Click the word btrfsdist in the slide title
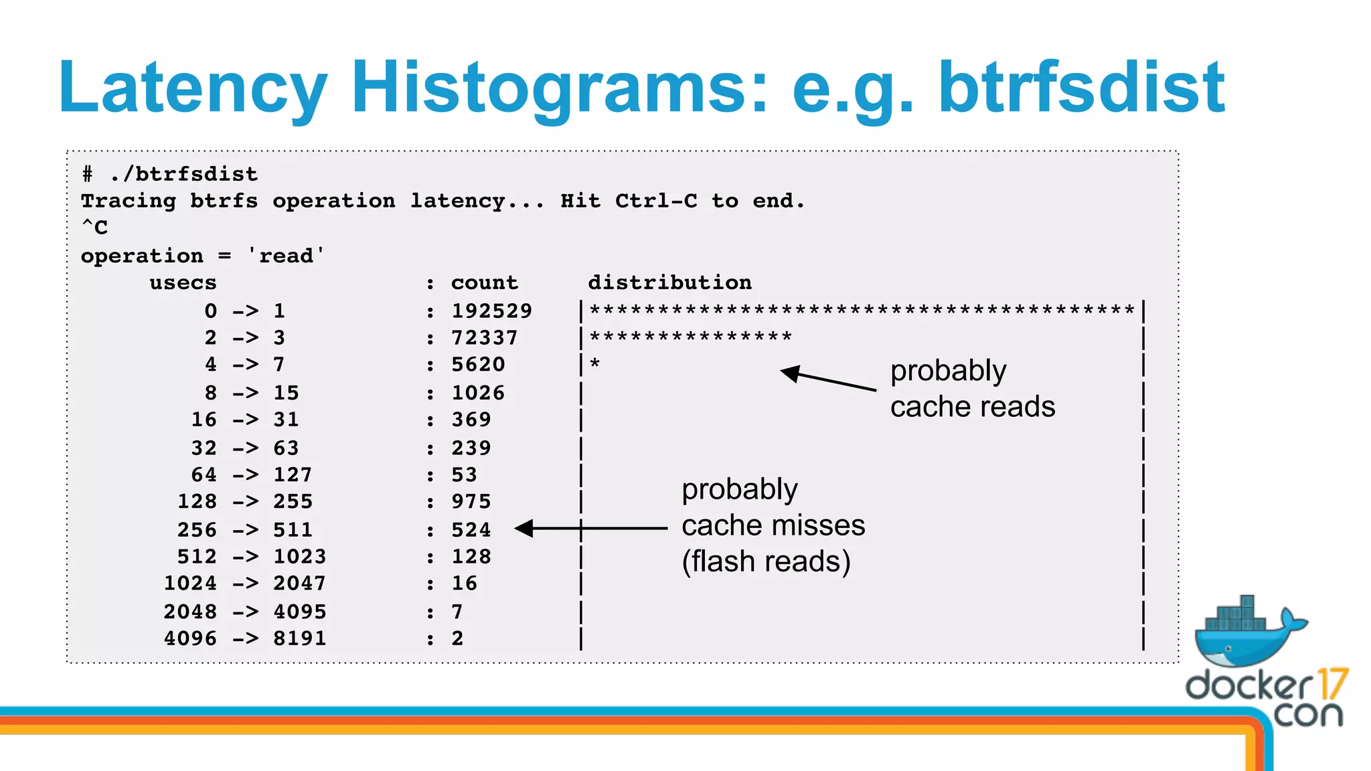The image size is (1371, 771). tap(1081, 87)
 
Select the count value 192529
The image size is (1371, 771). tap(491, 311)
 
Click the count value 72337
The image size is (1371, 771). tap(484, 337)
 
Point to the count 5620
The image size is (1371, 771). tap(477, 365)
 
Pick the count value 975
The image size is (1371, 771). tap(471, 501)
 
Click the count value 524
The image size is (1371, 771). tap(471, 529)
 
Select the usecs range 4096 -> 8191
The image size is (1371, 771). tap(245, 638)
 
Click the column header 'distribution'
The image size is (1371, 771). tap(669, 282)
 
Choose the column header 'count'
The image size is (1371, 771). tap(484, 282)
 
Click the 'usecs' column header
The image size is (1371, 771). tap(183, 283)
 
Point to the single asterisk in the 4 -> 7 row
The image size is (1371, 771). tap(594, 364)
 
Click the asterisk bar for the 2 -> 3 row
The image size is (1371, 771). tap(690, 336)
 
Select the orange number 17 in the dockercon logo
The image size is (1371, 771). tap(1332, 684)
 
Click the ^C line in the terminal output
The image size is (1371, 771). tap(94, 228)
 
